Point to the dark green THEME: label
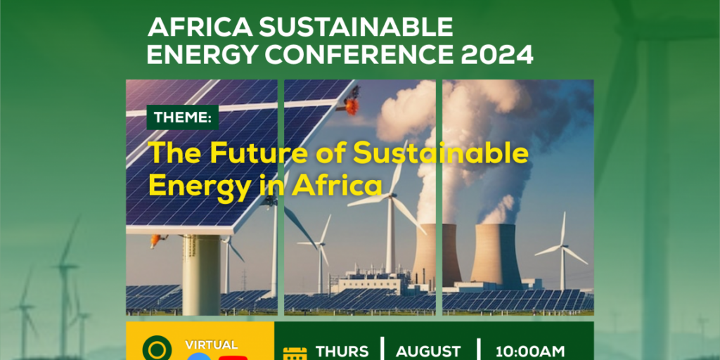182,117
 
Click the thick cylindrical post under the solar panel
201,274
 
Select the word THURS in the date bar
342,351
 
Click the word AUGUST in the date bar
428,351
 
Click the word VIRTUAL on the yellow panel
211,345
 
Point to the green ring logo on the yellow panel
156,350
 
